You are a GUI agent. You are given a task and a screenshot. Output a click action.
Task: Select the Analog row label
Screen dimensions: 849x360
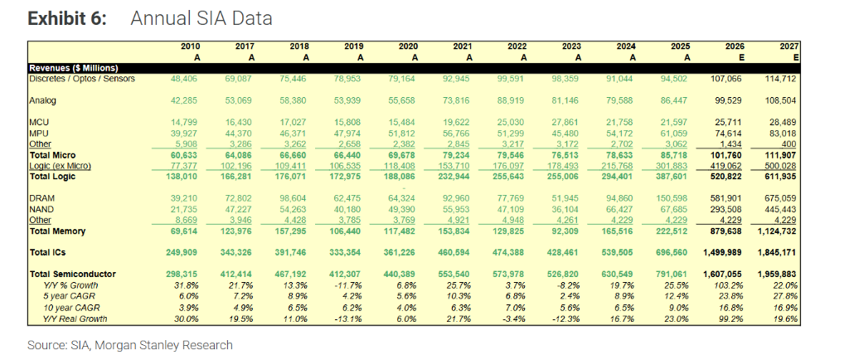[43, 100]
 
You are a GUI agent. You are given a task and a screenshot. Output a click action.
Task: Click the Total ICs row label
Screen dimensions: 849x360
[48, 253]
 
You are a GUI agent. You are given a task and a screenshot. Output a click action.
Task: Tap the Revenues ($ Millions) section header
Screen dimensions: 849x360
[74, 68]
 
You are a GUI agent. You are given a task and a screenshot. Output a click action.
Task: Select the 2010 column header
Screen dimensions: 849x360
[190, 46]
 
